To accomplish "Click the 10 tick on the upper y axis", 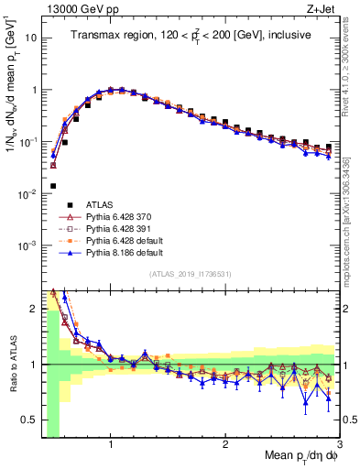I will pyautogui.click(x=32, y=38).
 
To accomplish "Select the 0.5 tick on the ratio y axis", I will pyautogui.click(x=30, y=420).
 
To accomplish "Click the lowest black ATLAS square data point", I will pyautogui.click(x=53, y=186).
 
